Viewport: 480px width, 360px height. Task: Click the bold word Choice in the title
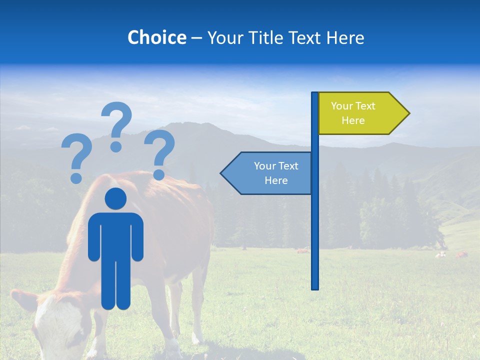point(156,37)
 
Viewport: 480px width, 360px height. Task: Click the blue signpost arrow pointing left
point(267,173)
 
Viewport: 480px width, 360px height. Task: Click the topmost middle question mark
point(116,125)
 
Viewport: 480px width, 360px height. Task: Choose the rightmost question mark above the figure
point(159,154)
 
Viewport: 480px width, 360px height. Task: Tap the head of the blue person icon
point(115,199)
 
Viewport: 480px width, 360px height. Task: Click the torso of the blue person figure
point(115,235)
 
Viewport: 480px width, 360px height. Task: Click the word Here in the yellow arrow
point(353,120)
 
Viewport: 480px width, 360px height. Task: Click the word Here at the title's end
point(345,37)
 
